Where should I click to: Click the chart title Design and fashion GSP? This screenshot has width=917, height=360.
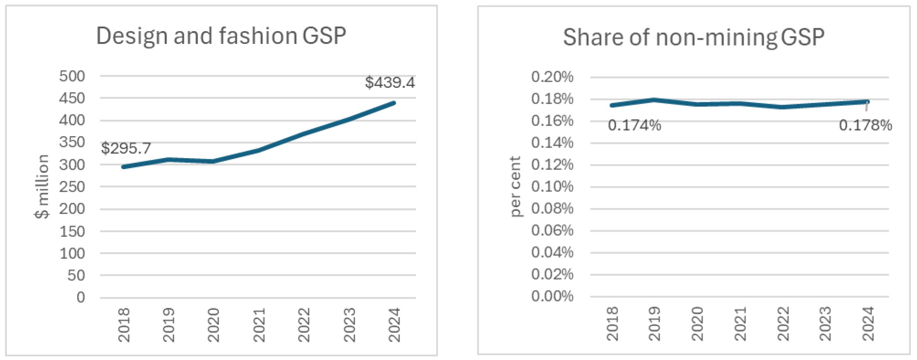click(221, 36)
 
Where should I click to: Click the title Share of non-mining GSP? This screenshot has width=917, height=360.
click(693, 37)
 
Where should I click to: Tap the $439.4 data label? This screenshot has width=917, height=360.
click(390, 83)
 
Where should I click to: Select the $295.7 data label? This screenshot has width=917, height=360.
click(126, 148)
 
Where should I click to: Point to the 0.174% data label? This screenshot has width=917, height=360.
click(634, 125)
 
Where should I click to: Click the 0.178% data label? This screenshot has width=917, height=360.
click(865, 125)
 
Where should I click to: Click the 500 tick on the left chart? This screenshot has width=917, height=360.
click(72, 76)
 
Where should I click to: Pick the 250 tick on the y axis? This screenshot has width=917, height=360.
click(72, 187)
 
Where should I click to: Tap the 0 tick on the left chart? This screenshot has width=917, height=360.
click(80, 297)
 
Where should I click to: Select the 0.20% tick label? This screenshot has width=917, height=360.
click(552, 77)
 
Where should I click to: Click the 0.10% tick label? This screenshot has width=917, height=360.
click(552, 186)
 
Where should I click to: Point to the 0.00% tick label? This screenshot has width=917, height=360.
click(552, 296)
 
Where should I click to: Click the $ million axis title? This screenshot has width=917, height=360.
click(42, 186)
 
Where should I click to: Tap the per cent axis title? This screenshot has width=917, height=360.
click(515, 186)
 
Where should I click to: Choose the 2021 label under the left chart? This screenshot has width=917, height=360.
click(259, 325)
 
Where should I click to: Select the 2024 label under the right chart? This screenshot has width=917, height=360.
click(867, 324)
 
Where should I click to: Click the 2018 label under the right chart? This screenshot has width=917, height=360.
click(612, 324)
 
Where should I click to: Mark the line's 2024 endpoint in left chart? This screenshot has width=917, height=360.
click(394, 103)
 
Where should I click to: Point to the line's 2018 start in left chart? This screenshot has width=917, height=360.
click(123, 167)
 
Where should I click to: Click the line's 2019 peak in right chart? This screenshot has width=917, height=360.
click(654, 100)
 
